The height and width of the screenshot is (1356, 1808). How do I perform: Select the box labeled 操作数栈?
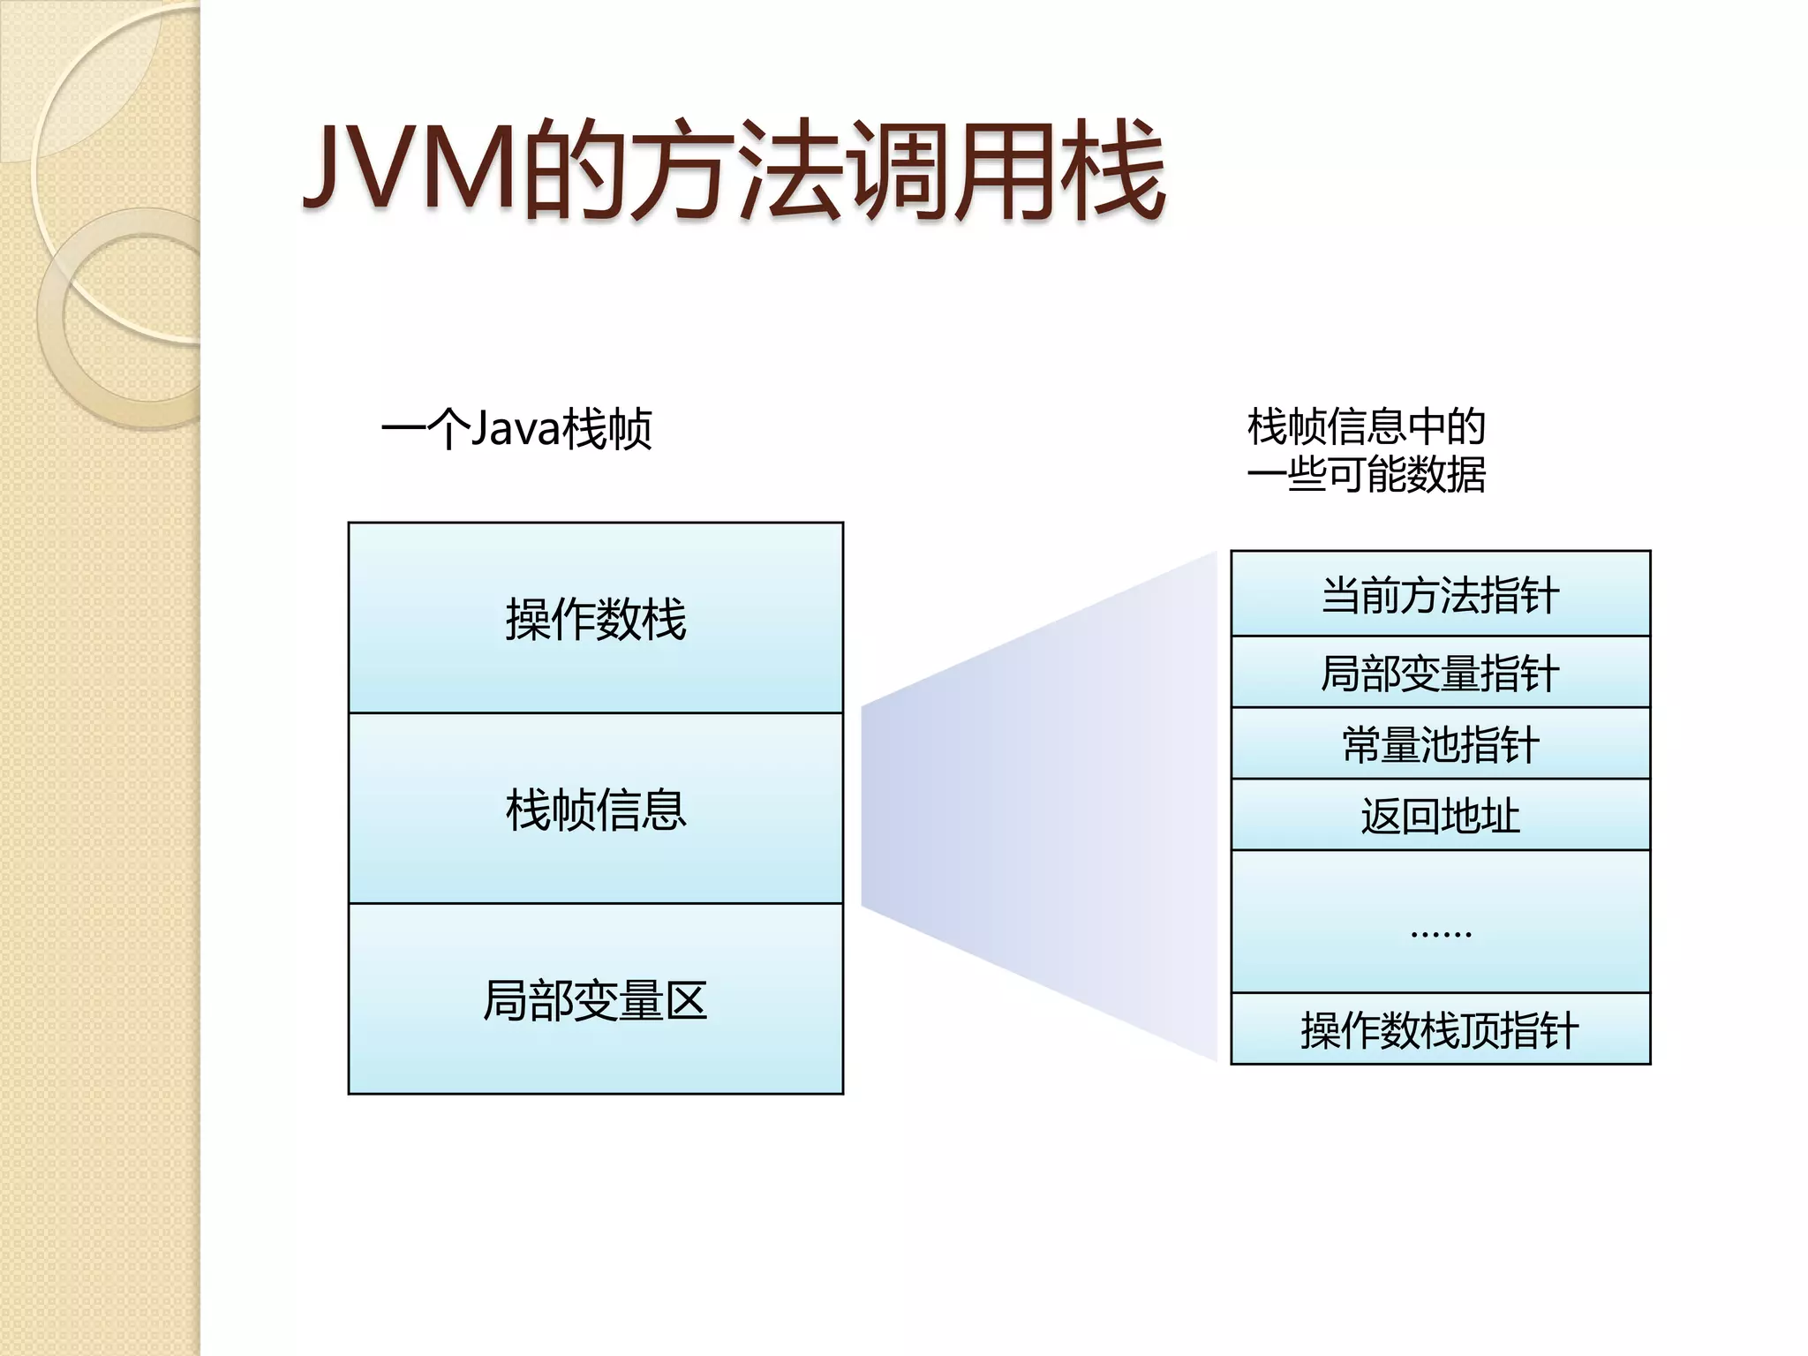[596, 618]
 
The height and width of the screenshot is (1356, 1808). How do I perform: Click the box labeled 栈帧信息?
[596, 809]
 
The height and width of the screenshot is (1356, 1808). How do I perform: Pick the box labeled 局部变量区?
[596, 999]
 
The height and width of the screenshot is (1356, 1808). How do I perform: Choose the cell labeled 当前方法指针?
[1440, 594]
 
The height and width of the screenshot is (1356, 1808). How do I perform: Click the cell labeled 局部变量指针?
[1440, 673]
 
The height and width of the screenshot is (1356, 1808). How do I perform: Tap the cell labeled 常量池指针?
[1440, 744]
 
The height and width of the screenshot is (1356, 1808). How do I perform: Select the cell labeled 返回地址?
[1440, 816]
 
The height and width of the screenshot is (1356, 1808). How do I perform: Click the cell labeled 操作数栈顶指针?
[1440, 1030]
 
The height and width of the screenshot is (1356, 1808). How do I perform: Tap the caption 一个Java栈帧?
[516, 429]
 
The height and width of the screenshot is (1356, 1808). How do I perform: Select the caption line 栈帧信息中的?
[1366, 426]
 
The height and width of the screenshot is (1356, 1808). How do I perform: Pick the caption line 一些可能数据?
[1366, 474]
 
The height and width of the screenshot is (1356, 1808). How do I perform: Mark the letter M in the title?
[473, 168]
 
